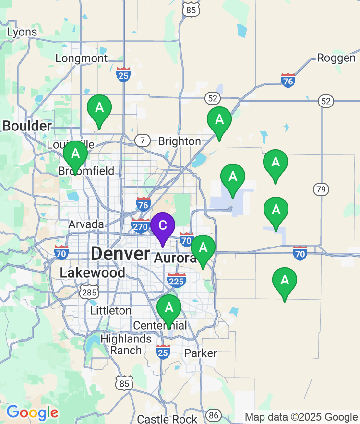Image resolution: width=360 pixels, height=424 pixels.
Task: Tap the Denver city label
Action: pyautogui.click(x=120, y=254)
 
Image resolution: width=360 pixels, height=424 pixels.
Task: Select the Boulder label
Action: pyautogui.click(x=27, y=126)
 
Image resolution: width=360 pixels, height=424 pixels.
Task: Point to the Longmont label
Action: pyautogui.click(x=82, y=59)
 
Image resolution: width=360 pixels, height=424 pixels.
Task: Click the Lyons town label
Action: pyautogui.click(x=22, y=32)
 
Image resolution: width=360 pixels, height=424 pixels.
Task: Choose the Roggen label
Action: pyautogui.click(x=336, y=58)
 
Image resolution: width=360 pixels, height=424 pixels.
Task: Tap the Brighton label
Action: pyautogui.click(x=180, y=141)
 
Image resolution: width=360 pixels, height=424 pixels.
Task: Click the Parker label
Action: pyautogui.click(x=201, y=353)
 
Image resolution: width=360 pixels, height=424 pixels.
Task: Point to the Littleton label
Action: pyautogui.click(x=111, y=311)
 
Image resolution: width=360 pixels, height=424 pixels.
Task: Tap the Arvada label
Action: pyautogui.click(x=86, y=224)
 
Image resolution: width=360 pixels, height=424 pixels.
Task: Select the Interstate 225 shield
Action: pyautogui.click(x=177, y=281)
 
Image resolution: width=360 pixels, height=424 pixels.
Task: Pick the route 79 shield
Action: pyautogui.click(x=321, y=189)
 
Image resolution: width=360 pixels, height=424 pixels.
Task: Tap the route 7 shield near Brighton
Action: pyautogui.click(x=142, y=141)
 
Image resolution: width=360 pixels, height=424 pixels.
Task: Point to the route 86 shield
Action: pyautogui.click(x=214, y=415)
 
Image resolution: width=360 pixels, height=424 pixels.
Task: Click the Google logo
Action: pyautogui.click(x=32, y=412)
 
